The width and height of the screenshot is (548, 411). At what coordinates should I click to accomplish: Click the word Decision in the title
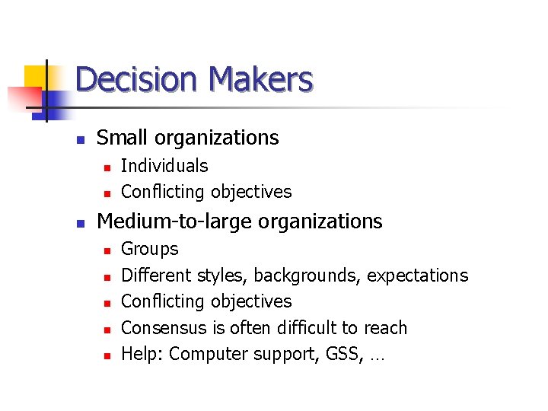(137, 80)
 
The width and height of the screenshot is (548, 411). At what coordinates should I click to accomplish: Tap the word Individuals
(164, 166)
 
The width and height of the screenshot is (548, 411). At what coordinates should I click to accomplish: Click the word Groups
(150, 249)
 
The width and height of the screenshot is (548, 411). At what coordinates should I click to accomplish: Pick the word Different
(156, 276)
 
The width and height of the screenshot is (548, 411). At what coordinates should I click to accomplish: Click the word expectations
(417, 276)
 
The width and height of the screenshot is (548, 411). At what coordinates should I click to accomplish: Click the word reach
(385, 328)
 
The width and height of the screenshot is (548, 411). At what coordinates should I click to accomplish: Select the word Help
(141, 355)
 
